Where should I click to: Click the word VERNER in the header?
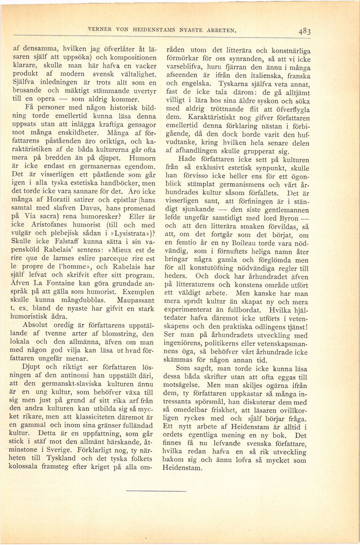(98, 30)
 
